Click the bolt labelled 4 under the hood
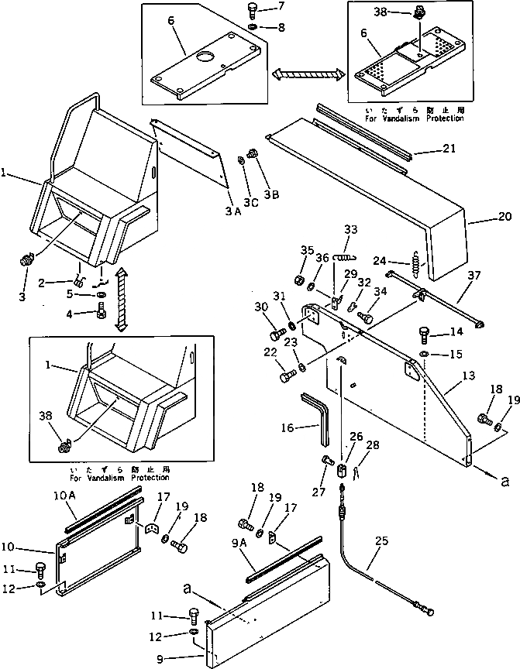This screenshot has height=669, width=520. [x=102, y=315]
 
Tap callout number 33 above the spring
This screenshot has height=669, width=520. [x=351, y=229]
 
